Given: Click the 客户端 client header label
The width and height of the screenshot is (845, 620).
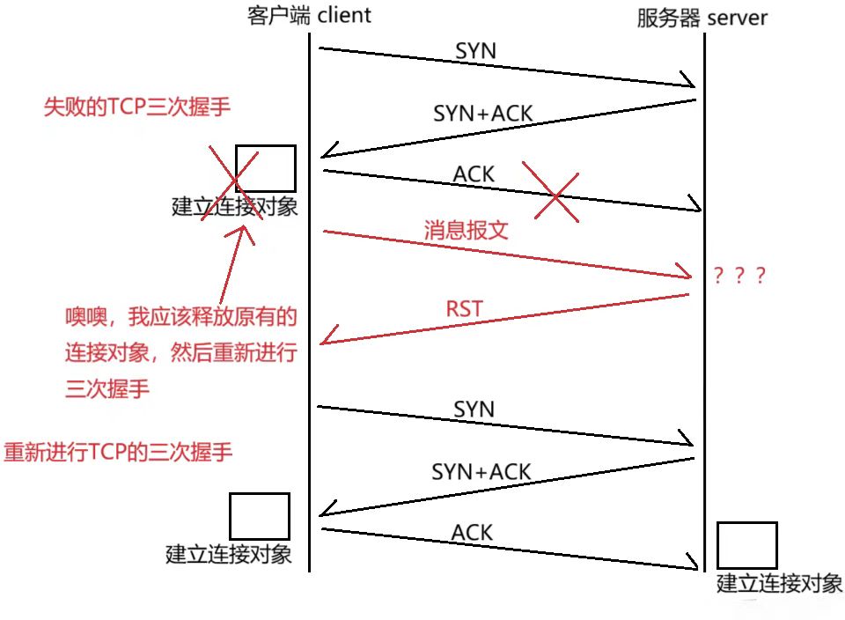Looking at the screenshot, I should click(x=309, y=15).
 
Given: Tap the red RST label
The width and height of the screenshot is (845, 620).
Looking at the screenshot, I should click(x=464, y=308).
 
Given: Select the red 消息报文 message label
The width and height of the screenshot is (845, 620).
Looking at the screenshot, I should click(x=467, y=231).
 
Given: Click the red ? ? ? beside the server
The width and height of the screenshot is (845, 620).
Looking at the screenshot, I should click(x=739, y=276).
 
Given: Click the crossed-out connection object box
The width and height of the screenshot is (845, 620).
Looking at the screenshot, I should click(x=265, y=168).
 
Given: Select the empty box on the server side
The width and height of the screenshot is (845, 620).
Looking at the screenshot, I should click(x=747, y=545).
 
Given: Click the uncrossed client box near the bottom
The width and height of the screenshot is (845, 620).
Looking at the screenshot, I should click(x=260, y=516).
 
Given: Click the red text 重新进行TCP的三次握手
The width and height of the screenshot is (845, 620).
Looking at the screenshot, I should click(x=118, y=452).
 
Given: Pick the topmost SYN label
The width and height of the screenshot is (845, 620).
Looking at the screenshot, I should click(x=475, y=51).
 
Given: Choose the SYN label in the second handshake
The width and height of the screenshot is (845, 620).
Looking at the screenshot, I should click(x=474, y=410).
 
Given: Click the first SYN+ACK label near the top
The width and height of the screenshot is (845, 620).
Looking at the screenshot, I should click(x=483, y=113).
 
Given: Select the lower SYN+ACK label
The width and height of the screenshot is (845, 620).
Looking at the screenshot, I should click(x=481, y=472).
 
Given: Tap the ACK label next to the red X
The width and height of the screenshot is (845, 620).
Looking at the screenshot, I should click(x=474, y=174).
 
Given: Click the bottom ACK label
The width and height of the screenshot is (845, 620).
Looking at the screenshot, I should click(x=472, y=532).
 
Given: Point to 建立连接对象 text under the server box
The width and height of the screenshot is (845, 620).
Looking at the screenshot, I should click(x=779, y=583).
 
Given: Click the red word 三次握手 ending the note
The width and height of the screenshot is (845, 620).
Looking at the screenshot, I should click(x=107, y=388).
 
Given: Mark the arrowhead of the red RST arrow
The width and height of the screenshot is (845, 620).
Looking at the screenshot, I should click(x=324, y=343).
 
